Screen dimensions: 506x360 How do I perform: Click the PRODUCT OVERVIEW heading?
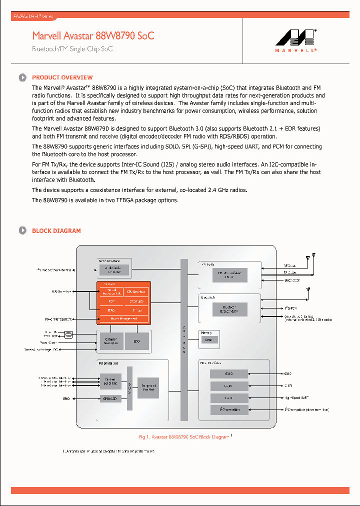pos(62,77)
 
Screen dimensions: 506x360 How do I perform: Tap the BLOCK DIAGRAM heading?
pos(56,230)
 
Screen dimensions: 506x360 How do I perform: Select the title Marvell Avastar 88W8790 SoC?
pos(93,36)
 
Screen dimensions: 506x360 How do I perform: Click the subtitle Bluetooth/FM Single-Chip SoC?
pos(72,49)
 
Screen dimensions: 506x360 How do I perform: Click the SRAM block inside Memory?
pos(208,340)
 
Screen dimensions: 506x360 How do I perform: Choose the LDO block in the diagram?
pos(137,341)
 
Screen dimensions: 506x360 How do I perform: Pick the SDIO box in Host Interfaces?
pos(229,373)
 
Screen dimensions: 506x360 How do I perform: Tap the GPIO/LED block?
pos(110,398)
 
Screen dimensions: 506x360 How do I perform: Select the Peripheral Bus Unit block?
pos(148,388)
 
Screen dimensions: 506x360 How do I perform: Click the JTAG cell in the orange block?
pos(111,310)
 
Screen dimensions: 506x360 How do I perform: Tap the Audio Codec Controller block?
pos(114,270)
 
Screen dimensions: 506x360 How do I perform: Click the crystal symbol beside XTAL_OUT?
pos(69,334)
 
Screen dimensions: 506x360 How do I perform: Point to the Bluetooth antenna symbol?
pos(308,289)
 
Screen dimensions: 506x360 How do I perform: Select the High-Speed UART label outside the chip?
pos(297,397)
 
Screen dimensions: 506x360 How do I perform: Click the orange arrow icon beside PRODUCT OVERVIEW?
pos(22,77)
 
